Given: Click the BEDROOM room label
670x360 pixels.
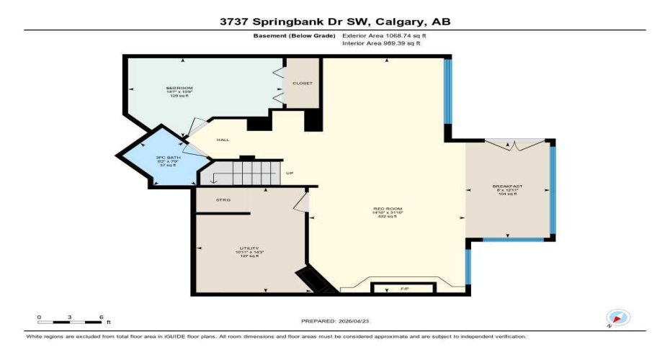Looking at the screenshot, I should (x=179, y=88).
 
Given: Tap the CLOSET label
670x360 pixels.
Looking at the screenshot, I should (x=302, y=83).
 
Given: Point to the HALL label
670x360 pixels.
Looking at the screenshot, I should (x=223, y=139).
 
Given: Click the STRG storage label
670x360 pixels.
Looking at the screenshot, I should (x=223, y=199).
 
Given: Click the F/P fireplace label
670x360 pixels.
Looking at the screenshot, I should (x=403, y=289).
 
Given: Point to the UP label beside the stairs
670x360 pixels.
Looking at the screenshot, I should (x=290, y=173).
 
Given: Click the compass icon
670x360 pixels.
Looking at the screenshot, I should (x=618, y=318).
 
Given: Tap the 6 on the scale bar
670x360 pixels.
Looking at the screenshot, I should (x=101, y=317).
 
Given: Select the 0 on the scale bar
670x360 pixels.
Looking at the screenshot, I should (x=40, y=317).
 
